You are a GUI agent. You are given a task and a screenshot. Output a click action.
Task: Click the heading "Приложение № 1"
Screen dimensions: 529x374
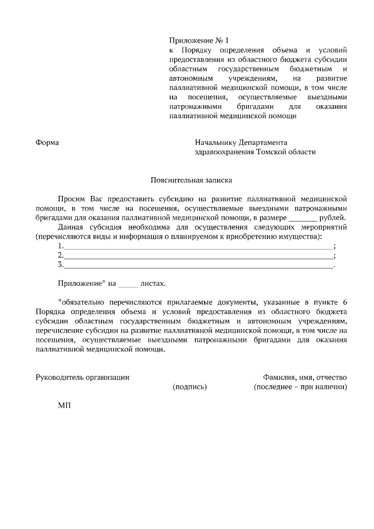[196, 41]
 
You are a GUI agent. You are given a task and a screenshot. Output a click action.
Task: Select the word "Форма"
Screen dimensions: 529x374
[47, 142]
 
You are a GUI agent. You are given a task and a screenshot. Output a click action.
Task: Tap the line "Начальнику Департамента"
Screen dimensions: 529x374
[241, 142]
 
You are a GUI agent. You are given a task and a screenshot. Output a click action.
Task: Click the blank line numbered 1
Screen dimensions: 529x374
[198, 247]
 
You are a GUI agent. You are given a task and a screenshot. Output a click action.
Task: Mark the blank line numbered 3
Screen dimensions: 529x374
[198, 265]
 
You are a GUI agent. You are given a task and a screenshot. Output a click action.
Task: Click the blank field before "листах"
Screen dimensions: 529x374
[128, 284]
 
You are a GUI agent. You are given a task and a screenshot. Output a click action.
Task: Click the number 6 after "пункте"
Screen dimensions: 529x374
[345, 302]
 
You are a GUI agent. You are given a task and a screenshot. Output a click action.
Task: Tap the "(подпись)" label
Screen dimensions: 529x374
[190, 387]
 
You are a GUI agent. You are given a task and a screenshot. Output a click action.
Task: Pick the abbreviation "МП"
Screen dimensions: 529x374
[64, 406]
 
